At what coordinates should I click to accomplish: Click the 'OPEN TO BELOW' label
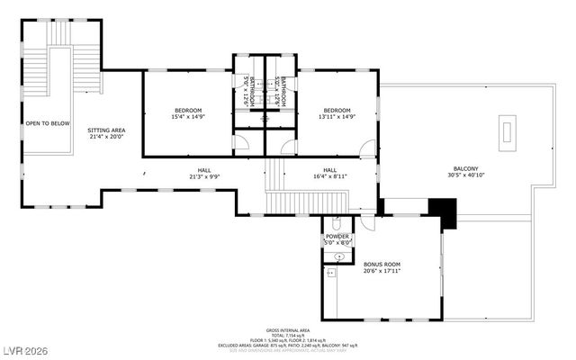(48, 123)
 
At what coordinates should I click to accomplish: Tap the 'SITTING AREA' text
(106, 130)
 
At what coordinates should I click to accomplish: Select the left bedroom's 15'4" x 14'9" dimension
(188, 117)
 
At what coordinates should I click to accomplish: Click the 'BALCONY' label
(465, 168)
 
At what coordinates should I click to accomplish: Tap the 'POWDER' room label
(337, 236)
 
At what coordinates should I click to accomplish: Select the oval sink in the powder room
(337, 256)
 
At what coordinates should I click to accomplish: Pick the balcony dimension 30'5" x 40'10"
(465, 175)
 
